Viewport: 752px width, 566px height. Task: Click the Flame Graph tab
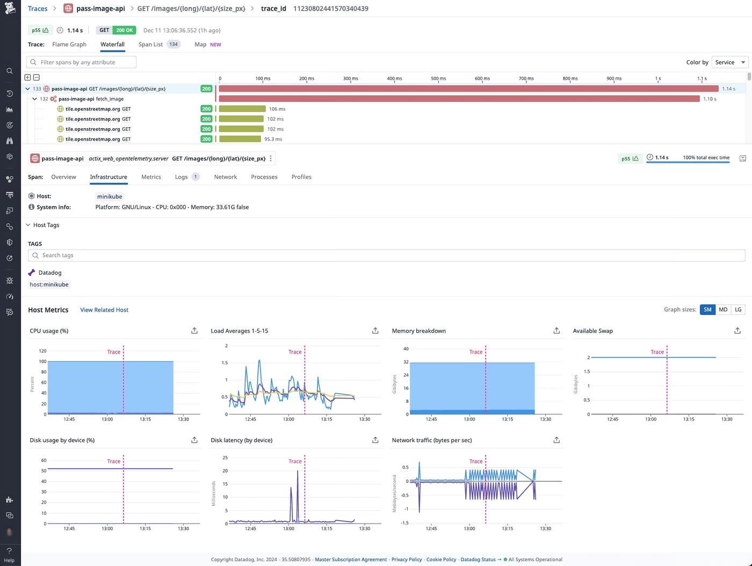click(69, 45)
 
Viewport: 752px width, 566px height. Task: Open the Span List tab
click(150, 45)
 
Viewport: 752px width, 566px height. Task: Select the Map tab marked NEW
click(200, 45)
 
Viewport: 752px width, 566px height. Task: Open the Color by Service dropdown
click(729, 62)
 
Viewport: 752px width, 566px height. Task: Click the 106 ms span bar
click(242, 109)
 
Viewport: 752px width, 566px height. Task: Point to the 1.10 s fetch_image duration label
click(710, 99)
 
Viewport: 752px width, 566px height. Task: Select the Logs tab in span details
click(182, 177)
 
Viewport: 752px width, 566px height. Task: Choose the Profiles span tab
click(301, 177)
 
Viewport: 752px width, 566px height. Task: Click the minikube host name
click(110, 196)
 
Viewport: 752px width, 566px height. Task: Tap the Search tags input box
click(386, 255)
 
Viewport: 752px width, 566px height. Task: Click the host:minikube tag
click(49, 284)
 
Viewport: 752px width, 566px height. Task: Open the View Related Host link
click(104, 310)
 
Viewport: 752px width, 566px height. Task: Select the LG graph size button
click(738, 310)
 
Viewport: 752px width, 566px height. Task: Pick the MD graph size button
click(723, 310)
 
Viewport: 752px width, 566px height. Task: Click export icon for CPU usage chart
click(194, 331)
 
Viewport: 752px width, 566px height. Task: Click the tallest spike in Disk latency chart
click(298, 472)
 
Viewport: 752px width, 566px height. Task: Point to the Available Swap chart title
click(592, 331)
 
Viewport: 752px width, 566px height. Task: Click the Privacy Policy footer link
click(407, 560)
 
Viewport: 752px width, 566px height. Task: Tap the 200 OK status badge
click(124, 31)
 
